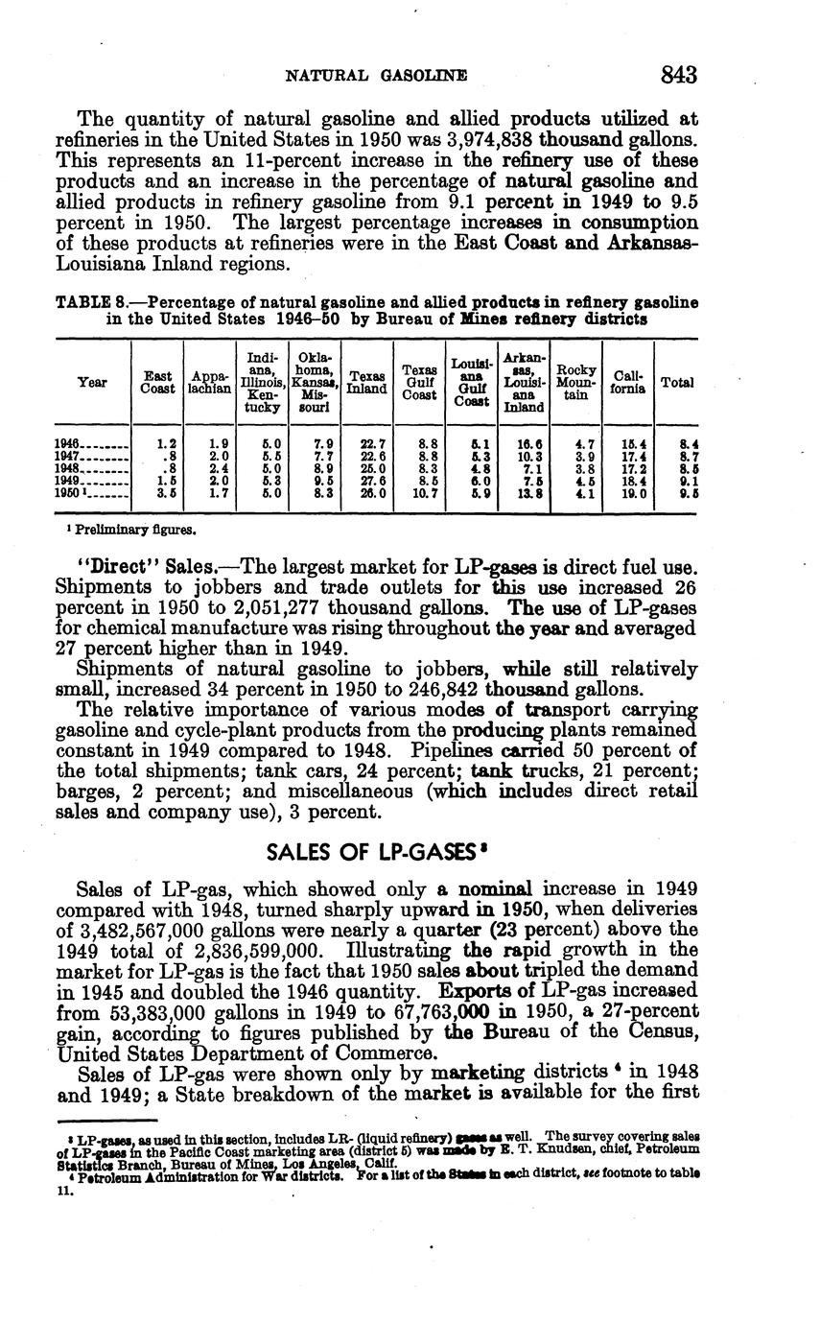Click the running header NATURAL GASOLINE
pos(377,75)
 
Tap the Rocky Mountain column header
pos(576,382)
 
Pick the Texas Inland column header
pos(366,382)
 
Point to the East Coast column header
pos(157,382)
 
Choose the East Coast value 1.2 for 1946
pos(167,443)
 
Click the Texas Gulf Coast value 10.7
pos(423,493)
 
